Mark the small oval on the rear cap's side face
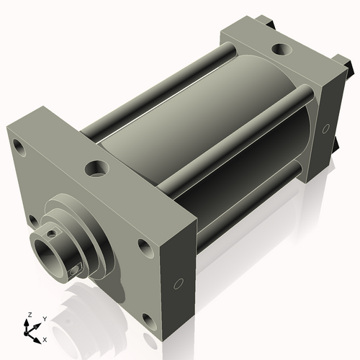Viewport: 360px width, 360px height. coord(326,128)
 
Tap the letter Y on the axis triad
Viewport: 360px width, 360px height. coord(43,318)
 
